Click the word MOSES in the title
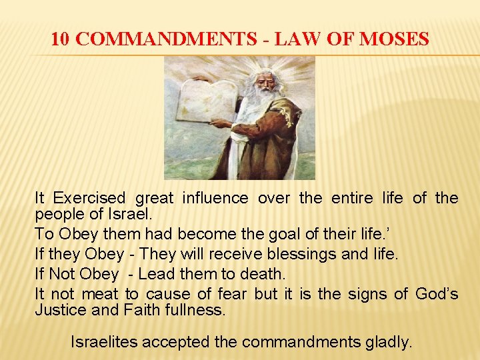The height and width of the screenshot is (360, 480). [x=394, y=39]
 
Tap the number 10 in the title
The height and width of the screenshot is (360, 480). [x=59, y=39]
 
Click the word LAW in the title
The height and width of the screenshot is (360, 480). [x=289, y=39]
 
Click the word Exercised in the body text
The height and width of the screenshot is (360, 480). [x=89, y=198]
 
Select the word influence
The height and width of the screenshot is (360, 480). [x=215, y=198]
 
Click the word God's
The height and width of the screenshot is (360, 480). [x=437, y=293]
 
